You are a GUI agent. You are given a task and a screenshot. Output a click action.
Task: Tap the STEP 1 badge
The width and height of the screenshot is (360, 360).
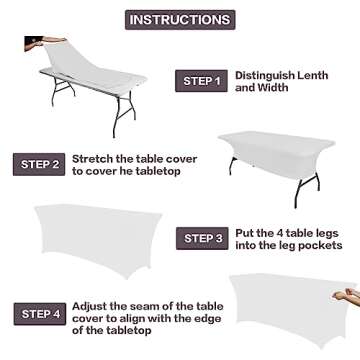[x=201, y=81]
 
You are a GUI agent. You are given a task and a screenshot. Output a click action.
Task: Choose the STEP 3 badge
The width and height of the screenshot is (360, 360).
[x=203, y=237]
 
